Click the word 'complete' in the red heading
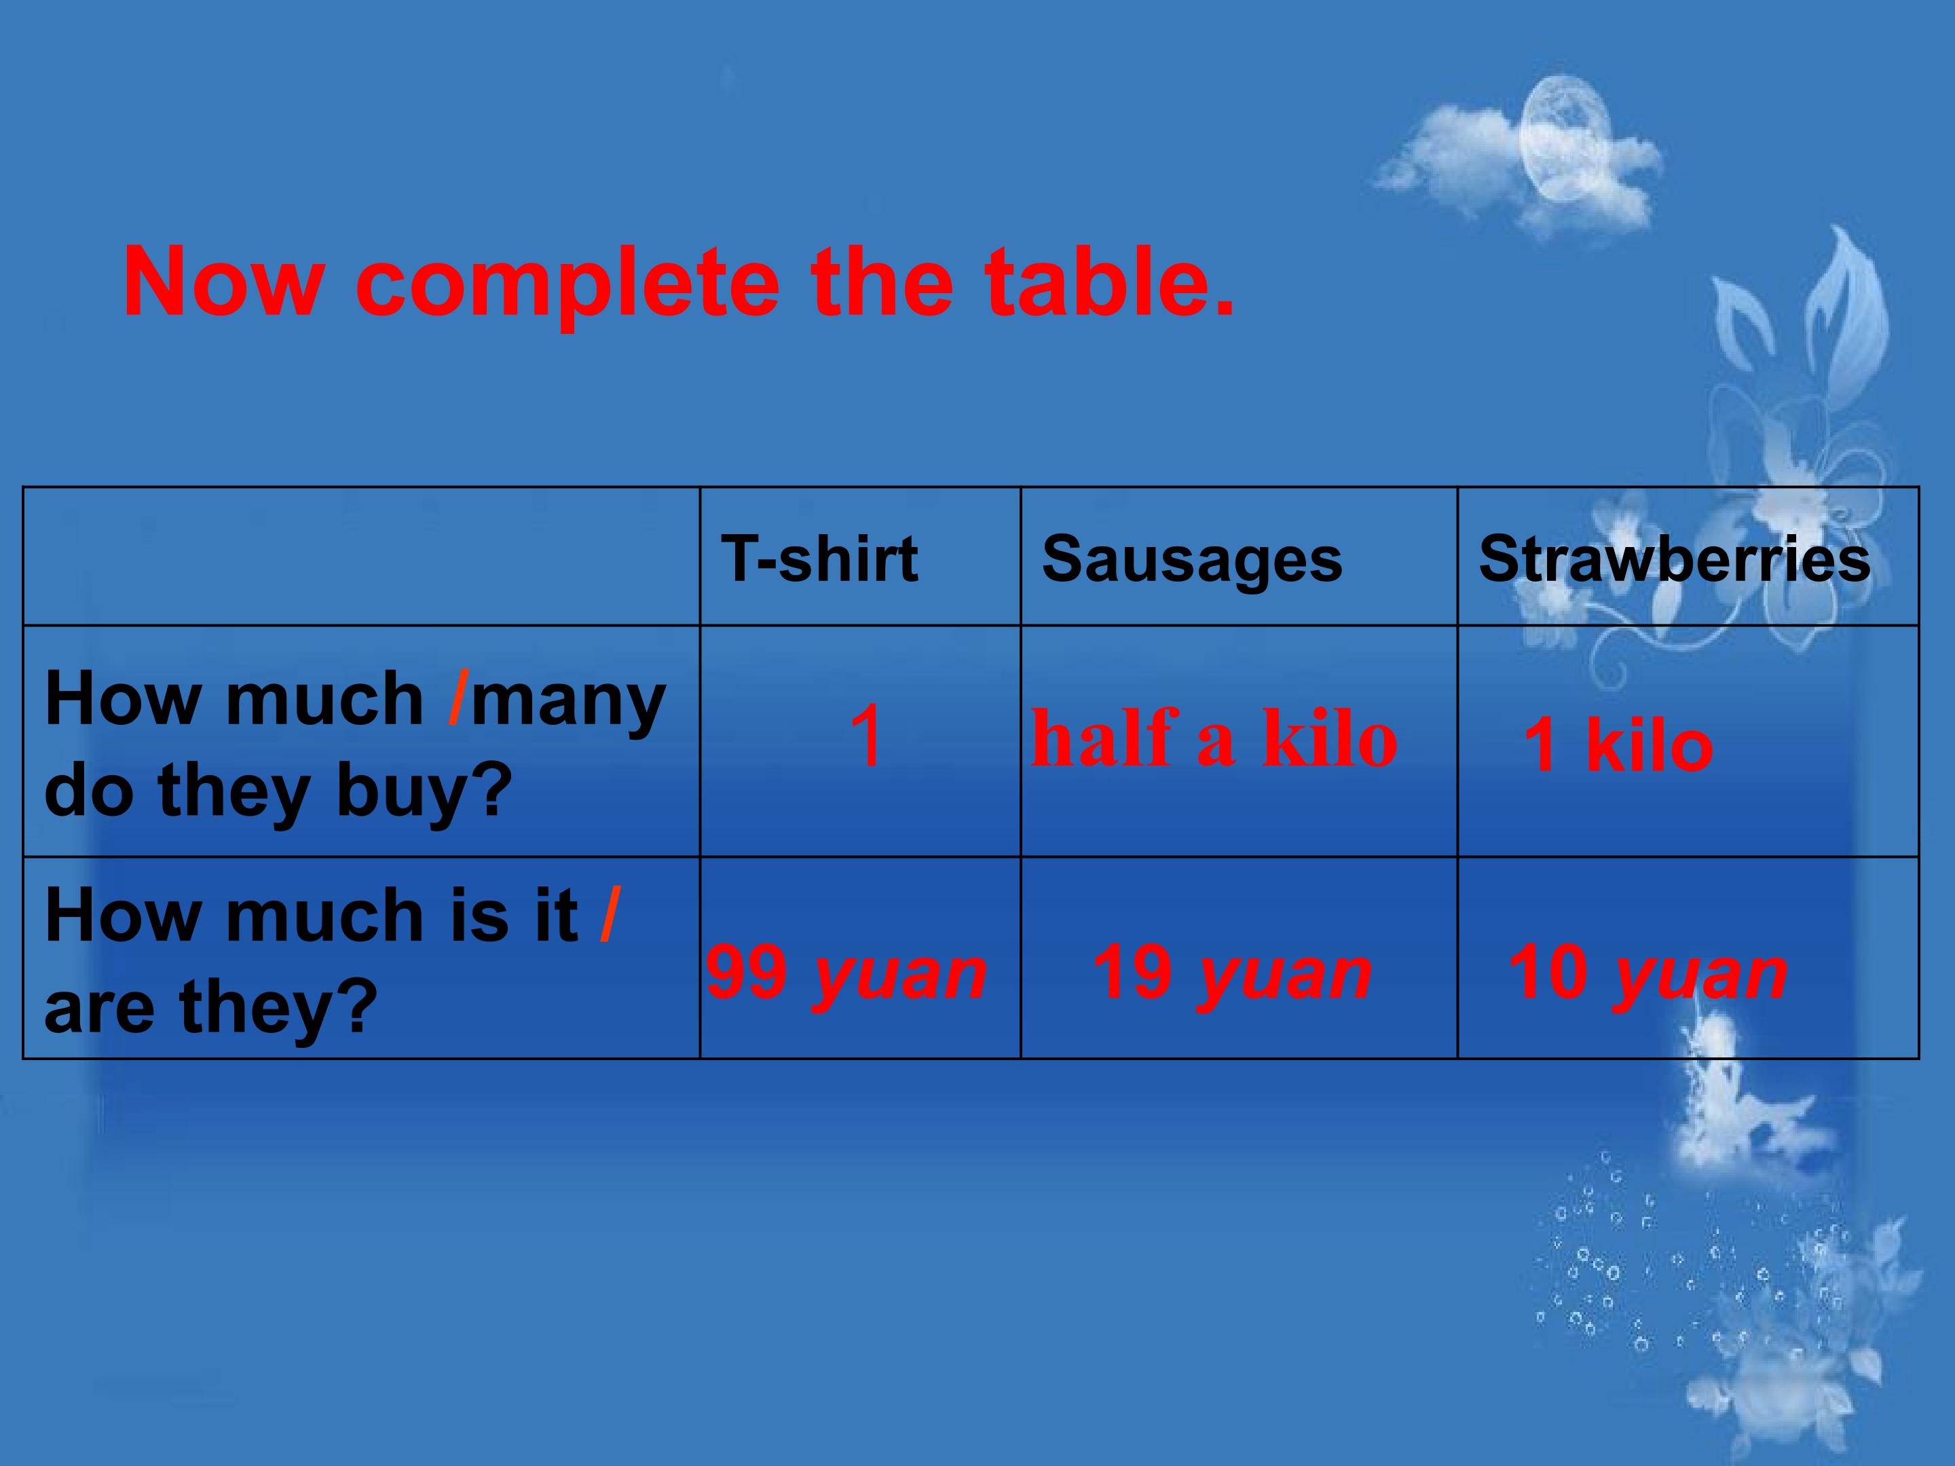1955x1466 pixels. pos(567,284)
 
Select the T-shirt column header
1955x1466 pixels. pos(819,559)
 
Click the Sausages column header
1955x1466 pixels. pos(1191,560)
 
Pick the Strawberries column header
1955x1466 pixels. pos(1674,559)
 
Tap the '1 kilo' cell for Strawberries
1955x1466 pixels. pos(1618,745)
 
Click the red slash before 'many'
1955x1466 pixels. pos(457,699)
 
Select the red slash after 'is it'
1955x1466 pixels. pos(609,915)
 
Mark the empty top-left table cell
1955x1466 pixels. pos(360,556)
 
